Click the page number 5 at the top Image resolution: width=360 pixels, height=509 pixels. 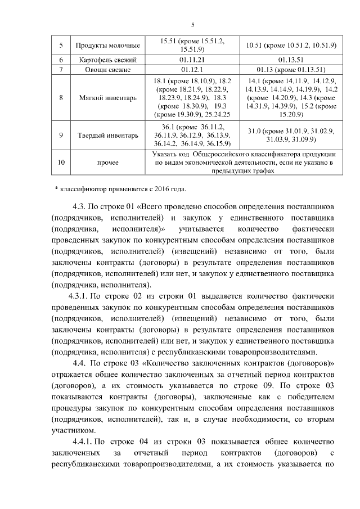(192, 25)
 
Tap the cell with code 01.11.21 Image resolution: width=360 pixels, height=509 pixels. (192, 59)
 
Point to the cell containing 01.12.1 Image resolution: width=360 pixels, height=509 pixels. (192, 70)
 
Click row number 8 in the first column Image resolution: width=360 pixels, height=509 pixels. (60, 97)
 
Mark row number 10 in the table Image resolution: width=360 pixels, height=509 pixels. (60, 163)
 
